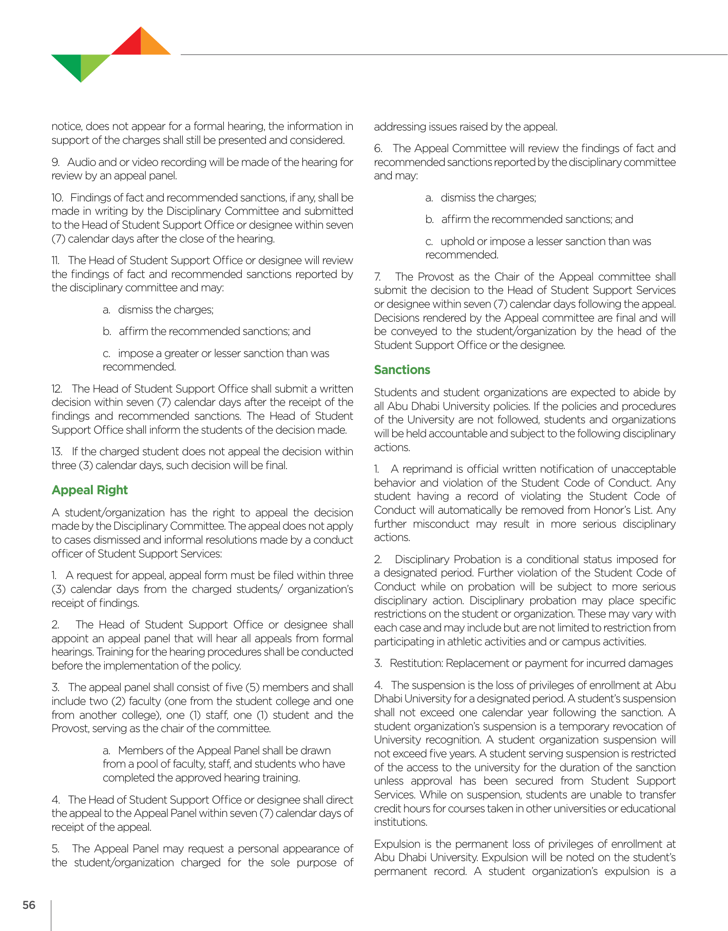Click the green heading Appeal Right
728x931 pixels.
tap(89, 490)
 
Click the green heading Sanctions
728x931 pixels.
tap(402, 370)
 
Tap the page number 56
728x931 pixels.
tap(29, 905)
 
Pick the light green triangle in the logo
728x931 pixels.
tap(92, 64)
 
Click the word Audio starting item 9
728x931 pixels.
tap(81, 162)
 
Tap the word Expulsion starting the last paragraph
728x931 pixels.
tap(395, 844)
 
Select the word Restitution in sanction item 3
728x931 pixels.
tap(416, 663)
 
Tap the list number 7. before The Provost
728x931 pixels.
tap(378, 277)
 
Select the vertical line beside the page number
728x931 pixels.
tap(51, 915)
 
